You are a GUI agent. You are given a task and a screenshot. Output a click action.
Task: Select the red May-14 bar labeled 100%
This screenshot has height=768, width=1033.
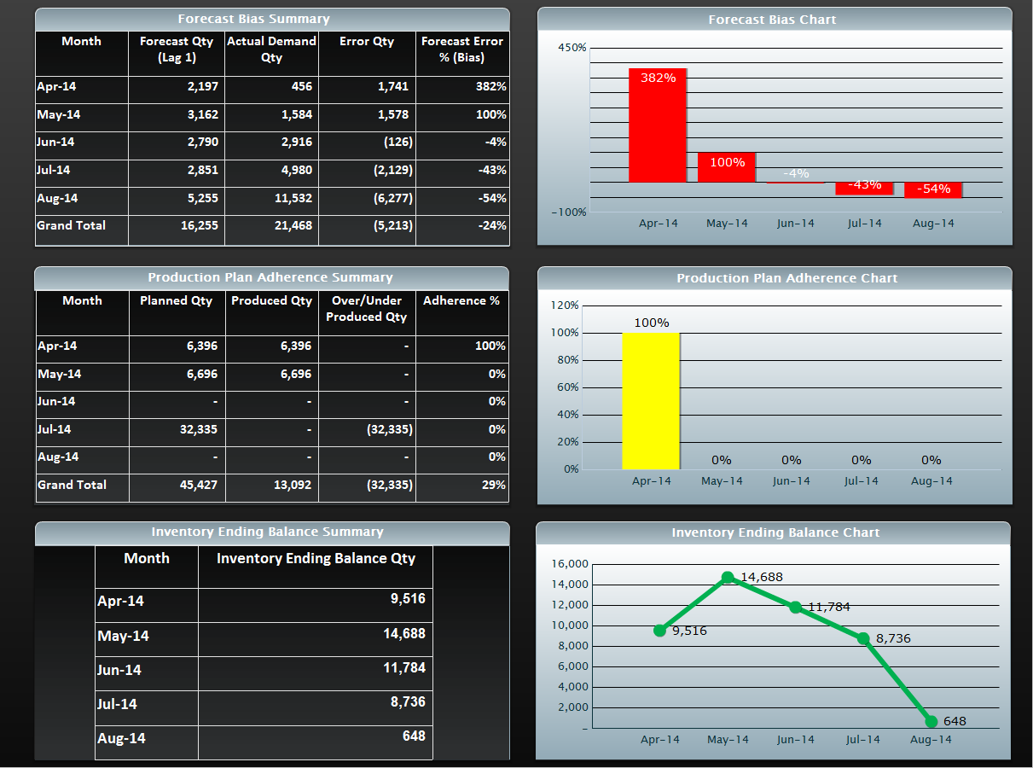(727, 167)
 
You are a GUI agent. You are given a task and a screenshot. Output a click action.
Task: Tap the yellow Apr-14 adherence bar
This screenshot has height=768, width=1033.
(651, 401)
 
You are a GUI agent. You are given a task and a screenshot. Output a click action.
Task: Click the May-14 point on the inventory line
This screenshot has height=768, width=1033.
(728, 578)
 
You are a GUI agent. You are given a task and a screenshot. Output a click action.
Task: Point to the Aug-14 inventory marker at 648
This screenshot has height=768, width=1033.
(931, 722)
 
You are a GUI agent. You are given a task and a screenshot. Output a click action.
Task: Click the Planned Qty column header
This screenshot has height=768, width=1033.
(177, 301)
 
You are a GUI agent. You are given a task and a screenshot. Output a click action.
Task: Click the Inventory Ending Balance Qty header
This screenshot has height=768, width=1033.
(316, 559)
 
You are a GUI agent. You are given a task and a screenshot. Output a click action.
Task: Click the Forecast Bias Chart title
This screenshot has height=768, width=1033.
(773, 20)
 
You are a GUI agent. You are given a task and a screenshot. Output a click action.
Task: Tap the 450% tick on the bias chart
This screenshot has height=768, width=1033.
(572, 48)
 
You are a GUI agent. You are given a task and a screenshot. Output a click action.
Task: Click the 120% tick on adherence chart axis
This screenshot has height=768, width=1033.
(565, 305)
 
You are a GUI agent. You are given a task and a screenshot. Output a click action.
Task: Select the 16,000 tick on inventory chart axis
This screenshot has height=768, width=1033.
(570, 564)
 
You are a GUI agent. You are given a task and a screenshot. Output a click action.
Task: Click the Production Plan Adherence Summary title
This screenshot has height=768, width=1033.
(270, 277)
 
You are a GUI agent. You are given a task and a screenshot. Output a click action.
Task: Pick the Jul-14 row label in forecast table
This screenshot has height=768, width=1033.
(54, 171)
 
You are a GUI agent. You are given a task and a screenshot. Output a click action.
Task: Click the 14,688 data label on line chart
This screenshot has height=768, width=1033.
(761, 578)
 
